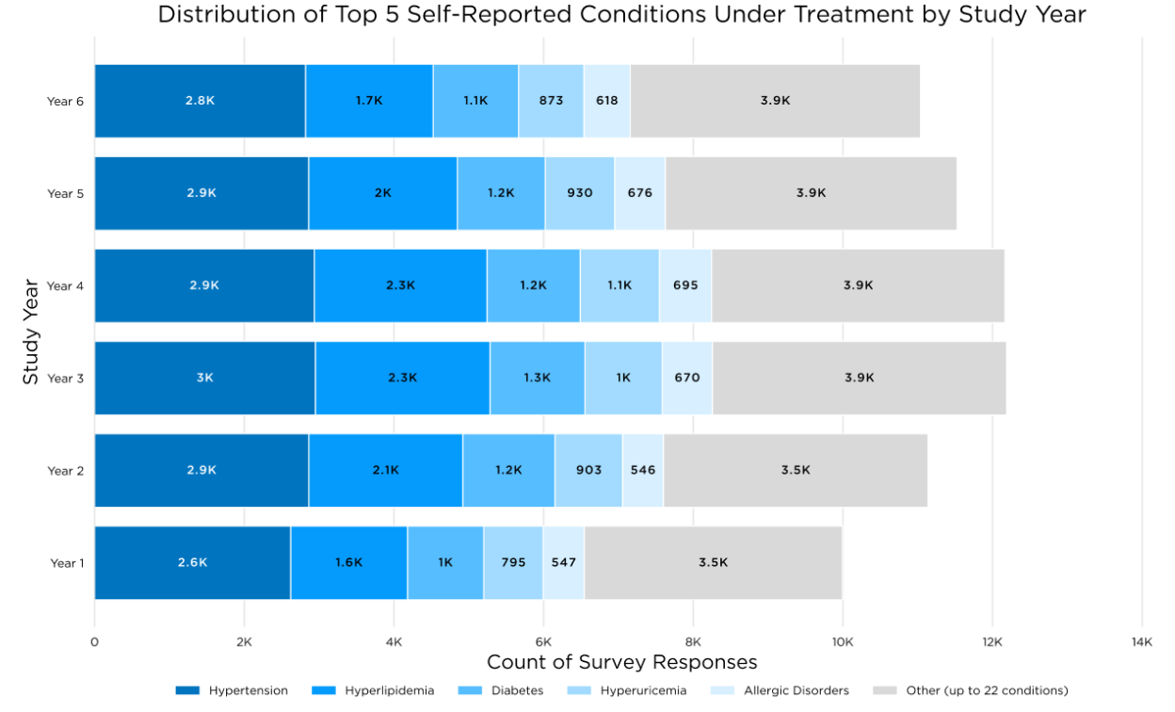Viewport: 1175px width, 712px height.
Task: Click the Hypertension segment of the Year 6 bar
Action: [x=200, y=101]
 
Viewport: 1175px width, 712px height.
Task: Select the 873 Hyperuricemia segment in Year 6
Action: [x=550, y=101]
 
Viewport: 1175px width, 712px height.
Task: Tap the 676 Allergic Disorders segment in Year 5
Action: [x=639, y=193]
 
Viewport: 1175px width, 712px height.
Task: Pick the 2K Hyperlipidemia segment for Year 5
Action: [x=382, y=193]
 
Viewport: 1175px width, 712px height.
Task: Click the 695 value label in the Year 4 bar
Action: [x=685, y=285]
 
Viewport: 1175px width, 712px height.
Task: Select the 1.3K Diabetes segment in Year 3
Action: [x=537, y=378]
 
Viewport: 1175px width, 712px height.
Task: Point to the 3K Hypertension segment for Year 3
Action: [x=204, y=378]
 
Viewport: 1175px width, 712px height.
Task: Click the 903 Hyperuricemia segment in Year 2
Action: [x=587, y=470]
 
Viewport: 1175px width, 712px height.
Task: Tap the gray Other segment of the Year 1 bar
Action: [x=713, y=562]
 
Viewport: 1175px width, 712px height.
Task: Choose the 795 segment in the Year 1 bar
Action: [x=513, y=562]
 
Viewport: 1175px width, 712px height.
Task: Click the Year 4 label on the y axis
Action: [x=66, y=286]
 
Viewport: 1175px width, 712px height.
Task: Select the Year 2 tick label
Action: [x=66, y=471]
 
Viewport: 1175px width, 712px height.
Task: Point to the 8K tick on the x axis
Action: [x=693, y=642]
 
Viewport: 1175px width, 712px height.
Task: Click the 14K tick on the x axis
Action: [x=1141, y=642]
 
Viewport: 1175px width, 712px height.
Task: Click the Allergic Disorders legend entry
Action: [x=781, y=690]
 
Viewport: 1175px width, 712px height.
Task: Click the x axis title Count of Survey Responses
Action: [x=621, y=663]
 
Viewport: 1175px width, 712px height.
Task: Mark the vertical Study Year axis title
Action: [x=30, y=331]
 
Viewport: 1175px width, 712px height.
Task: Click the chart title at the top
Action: [x=621, y=15]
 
